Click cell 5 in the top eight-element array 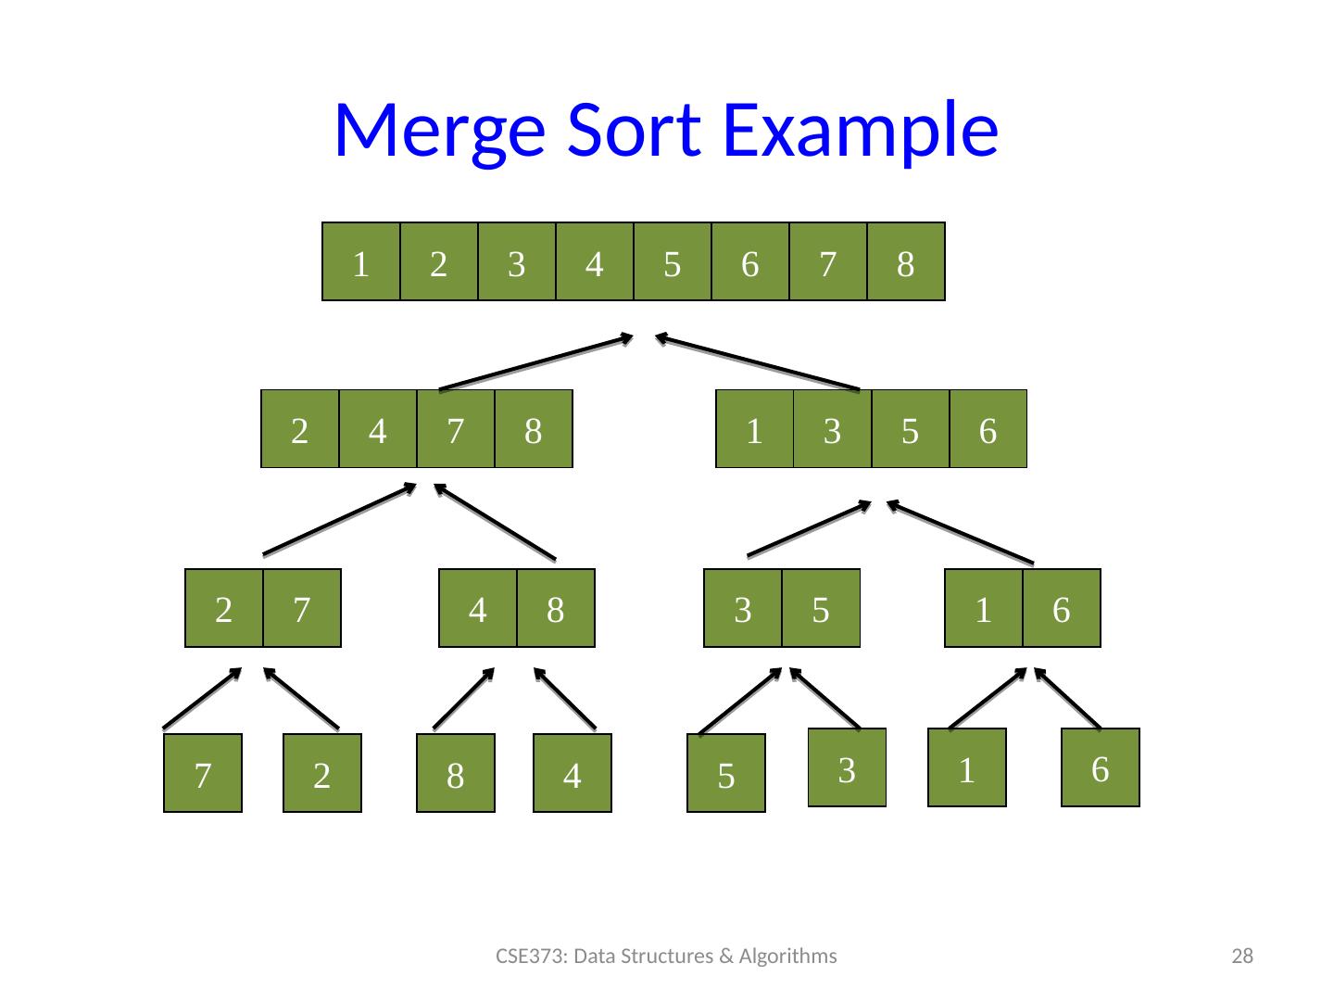point(673,263)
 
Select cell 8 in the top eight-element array point(906,263)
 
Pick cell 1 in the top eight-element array point(361,263)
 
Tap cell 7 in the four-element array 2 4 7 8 point(455,430)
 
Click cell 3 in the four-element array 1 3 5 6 point(833,430)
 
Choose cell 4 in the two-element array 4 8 point(478,609)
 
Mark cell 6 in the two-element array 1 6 point(1062,609)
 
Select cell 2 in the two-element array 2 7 point(223,609)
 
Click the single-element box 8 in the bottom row point(455,775)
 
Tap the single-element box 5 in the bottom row point(726,775)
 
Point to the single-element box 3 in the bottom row point(847,769)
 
